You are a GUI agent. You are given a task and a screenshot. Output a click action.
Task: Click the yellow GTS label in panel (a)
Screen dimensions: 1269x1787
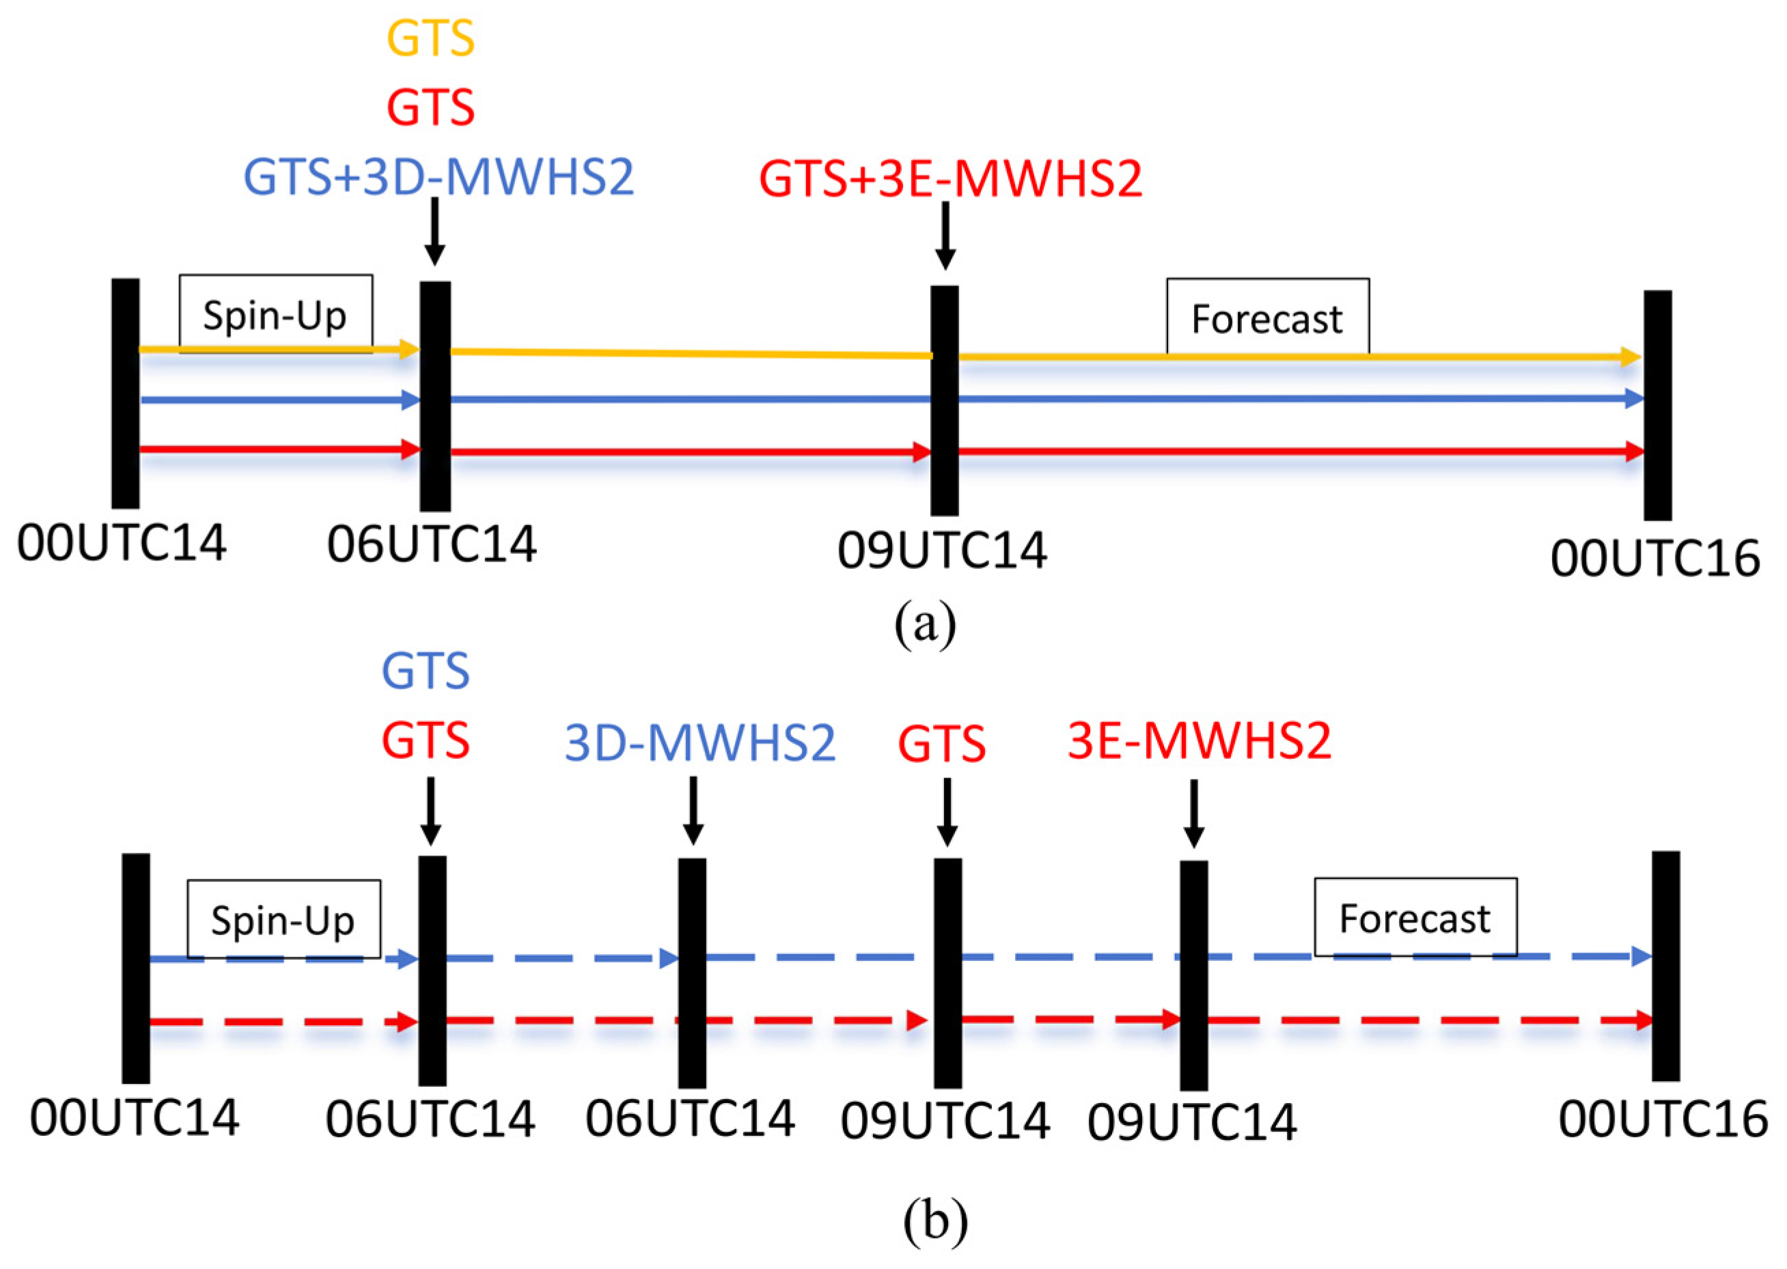[430, 39]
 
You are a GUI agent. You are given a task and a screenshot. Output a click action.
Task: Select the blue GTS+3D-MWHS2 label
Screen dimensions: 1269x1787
[439, 178]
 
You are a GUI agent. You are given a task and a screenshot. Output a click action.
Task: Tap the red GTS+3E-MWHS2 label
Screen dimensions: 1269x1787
[950, 179]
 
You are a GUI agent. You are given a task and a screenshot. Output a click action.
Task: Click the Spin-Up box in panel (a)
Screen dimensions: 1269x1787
[275, 314]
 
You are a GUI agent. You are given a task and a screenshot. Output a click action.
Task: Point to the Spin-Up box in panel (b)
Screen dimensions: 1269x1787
[283, 919]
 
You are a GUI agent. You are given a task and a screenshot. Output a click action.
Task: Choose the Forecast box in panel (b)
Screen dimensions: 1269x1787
[1415, 917]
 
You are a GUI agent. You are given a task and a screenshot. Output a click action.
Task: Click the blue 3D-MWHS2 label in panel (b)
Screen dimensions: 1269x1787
[700, 743]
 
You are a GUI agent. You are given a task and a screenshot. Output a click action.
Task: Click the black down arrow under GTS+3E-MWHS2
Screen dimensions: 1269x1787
[945, 235]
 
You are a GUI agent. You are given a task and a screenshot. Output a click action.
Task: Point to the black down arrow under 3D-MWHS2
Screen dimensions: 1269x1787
[693, 810]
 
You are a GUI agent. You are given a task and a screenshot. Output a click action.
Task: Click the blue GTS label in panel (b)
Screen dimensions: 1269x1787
[426, 671]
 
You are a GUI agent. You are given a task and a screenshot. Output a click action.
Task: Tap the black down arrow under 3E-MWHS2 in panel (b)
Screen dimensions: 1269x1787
[1193, 813]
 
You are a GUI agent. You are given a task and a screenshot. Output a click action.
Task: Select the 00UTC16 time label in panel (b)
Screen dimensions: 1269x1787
[1663, 1119]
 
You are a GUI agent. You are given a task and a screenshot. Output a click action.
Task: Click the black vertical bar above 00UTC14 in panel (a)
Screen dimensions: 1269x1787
[126, 393]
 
